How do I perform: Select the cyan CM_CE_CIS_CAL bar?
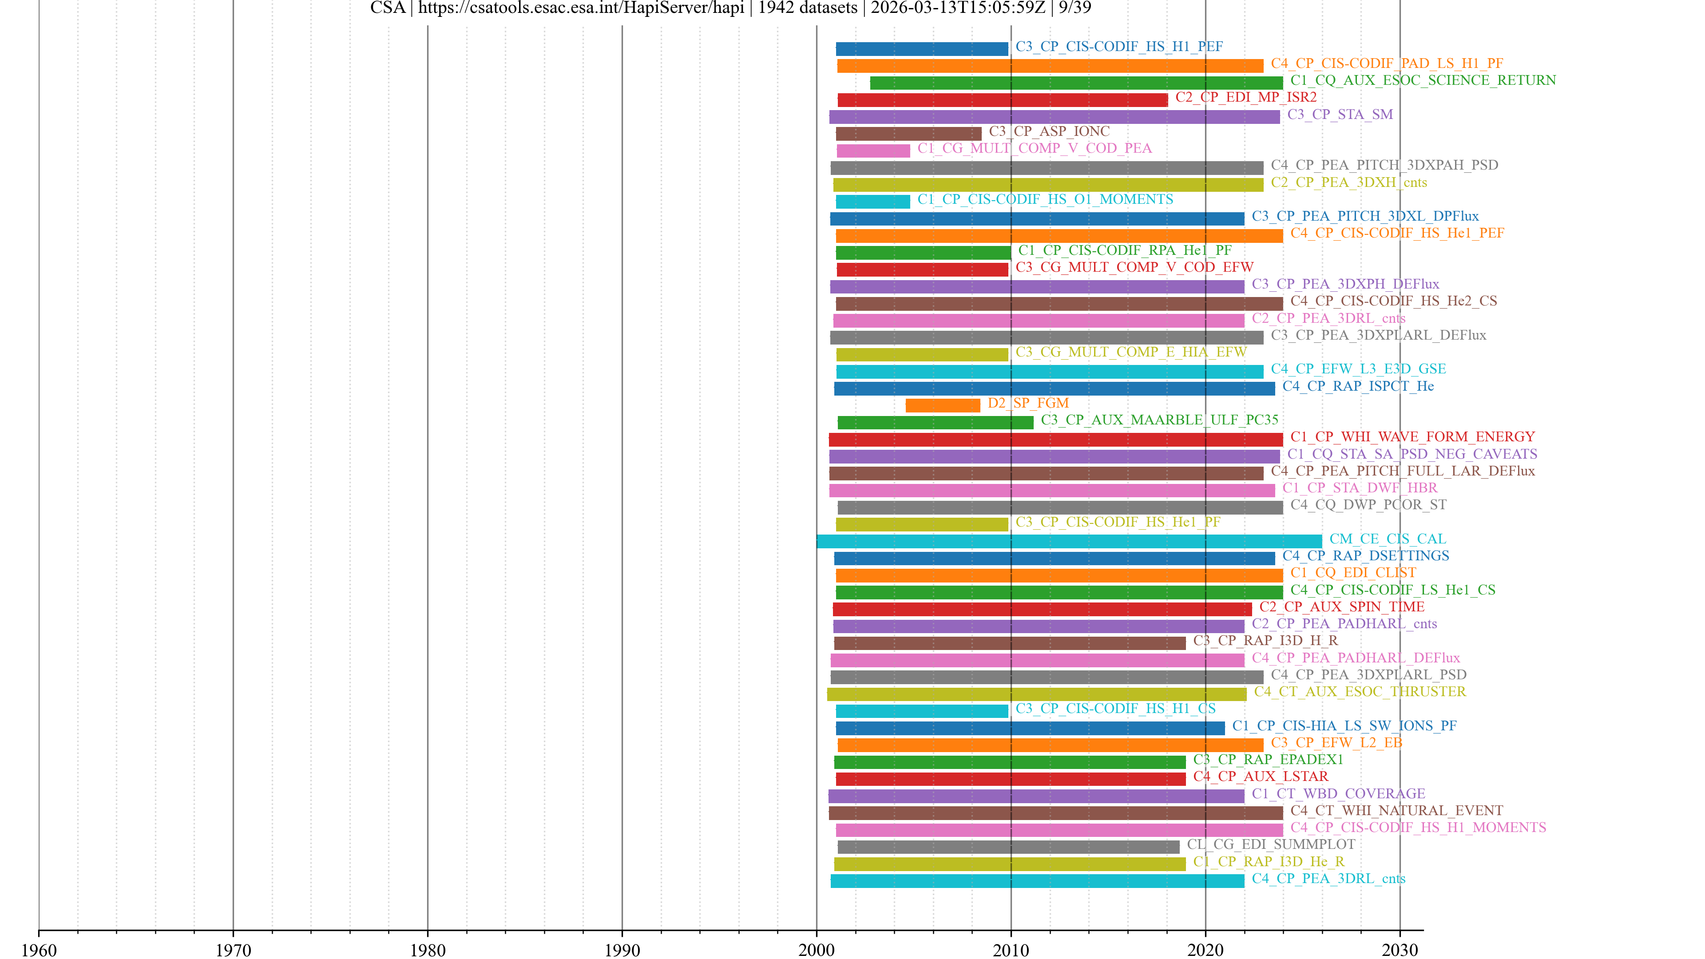[1068, 541]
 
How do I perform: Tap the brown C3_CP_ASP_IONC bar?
[908, 134]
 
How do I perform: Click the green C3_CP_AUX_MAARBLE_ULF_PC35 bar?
[935, 422]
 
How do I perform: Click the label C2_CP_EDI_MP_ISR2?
[1245, 97]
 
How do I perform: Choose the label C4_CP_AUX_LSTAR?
[1260, 777]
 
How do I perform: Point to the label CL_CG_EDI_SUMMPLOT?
[1271, 844]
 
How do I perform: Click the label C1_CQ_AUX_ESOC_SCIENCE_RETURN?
[1423, 80]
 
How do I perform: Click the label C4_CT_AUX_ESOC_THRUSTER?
[1360, 692]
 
